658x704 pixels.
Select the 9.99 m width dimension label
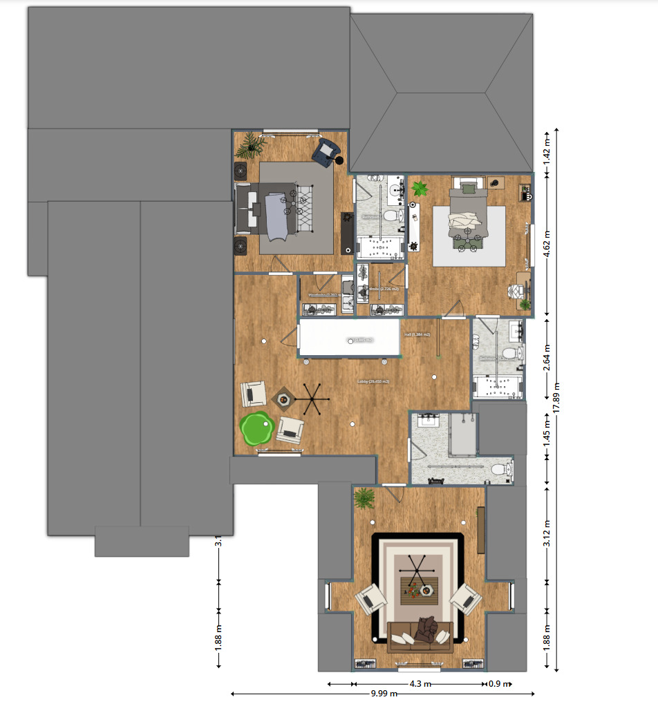click(384, 693)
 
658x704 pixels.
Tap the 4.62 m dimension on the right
click(548, 244)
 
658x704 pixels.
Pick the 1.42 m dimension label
click(548, 151)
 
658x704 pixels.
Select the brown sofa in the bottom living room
click(421, 636)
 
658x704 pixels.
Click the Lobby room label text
click(373, 381)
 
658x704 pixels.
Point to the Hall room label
click(417, 335)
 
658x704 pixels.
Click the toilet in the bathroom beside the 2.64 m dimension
click(510, 354)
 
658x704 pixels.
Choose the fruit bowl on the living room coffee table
click(413, 591)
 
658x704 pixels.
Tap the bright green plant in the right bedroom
click(419, 188)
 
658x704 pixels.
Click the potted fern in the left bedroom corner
click(251, 145)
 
